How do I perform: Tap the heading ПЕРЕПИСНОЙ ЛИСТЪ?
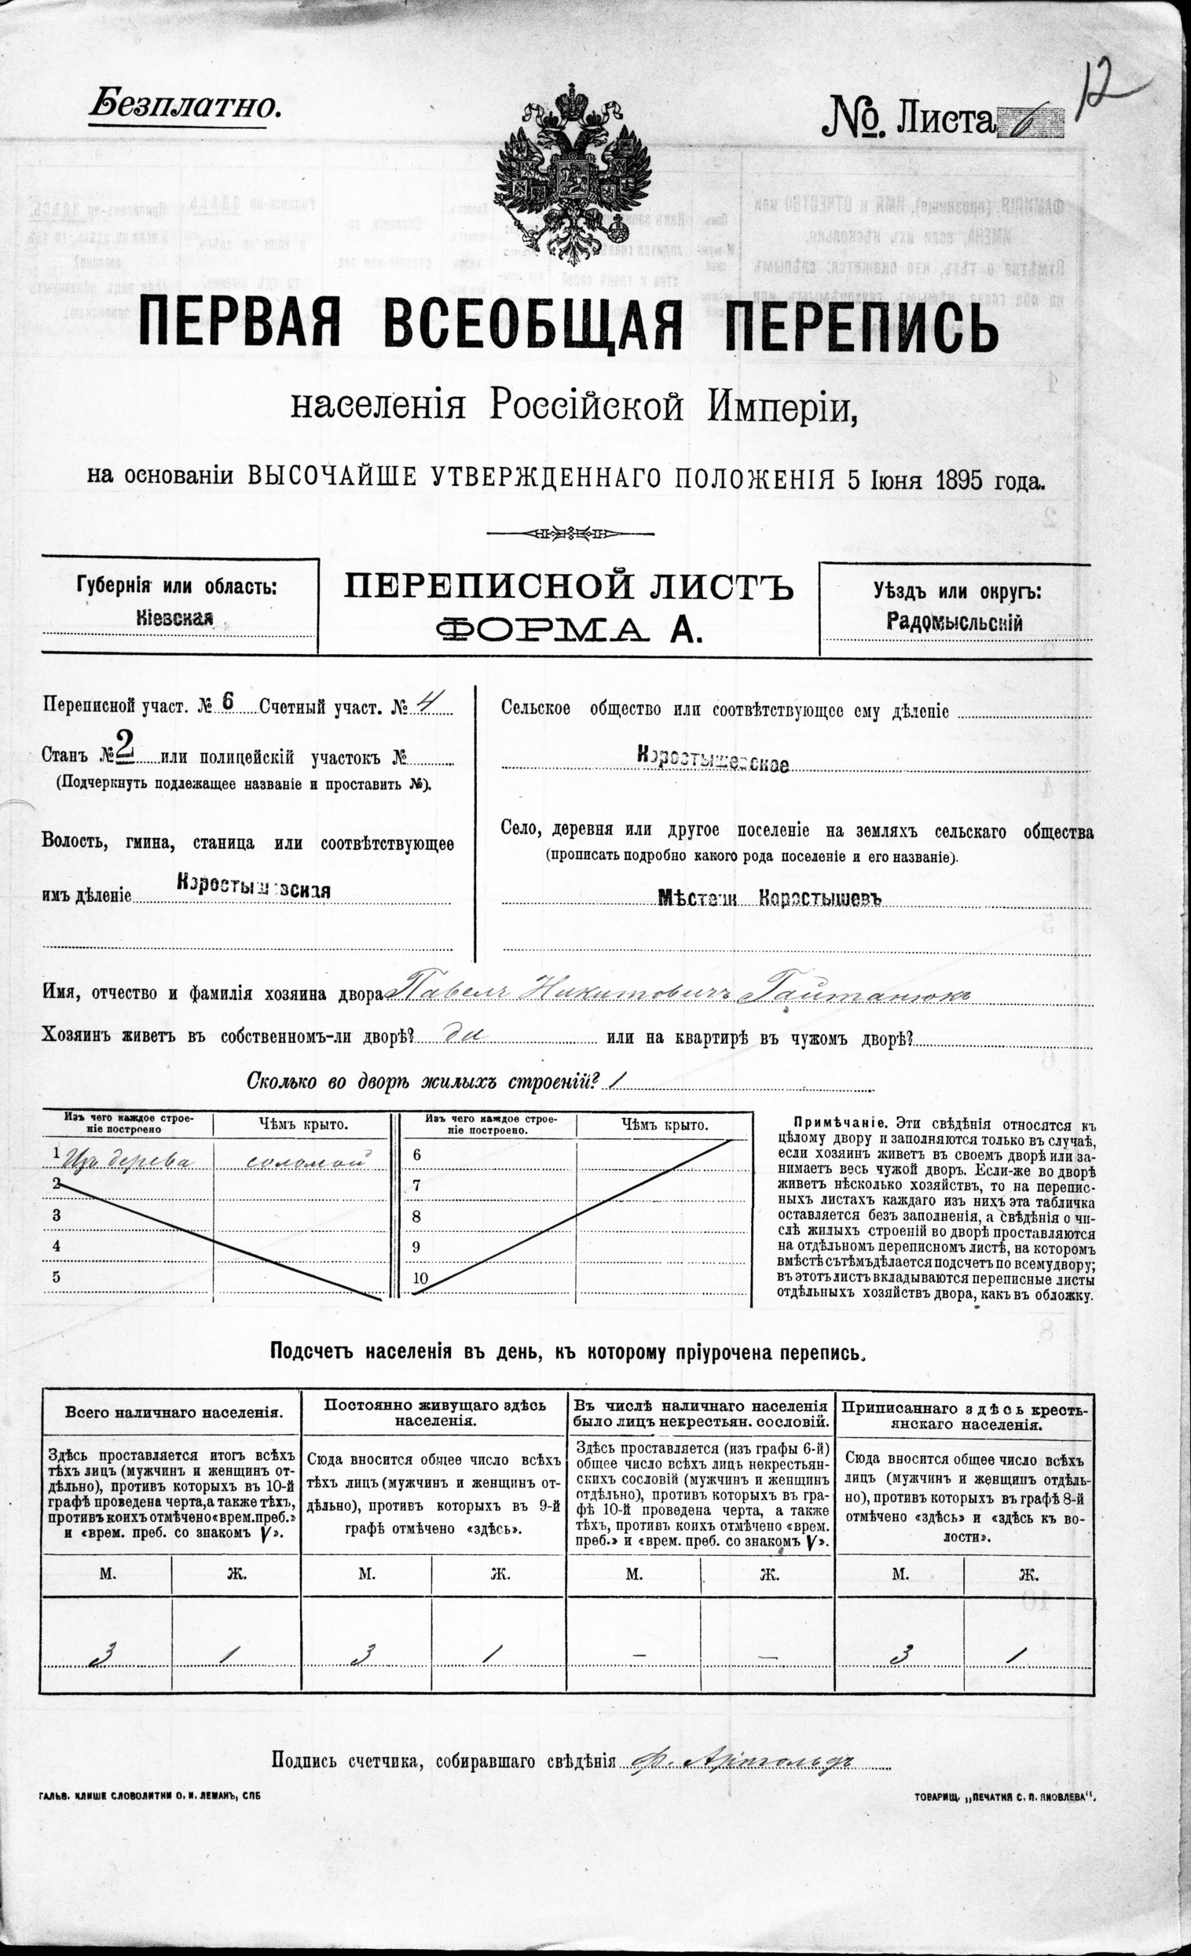pos(568,588)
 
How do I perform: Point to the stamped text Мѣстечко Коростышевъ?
pos(770,897)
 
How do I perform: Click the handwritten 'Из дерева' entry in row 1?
pos(127,1160)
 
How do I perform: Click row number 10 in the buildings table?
pos(420,1278)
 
